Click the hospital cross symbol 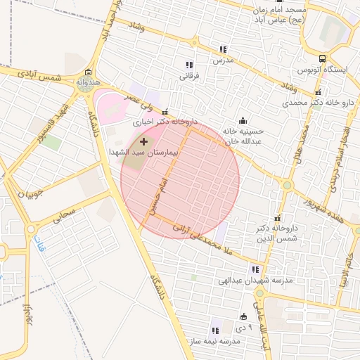(x=145, y=141)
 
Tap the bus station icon (x=321, y=59)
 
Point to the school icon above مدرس (x=223, y=50)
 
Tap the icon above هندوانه (x=88, y=73)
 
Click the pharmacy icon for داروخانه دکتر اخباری (x=165, y=112)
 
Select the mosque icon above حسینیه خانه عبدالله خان (x=243, y=120)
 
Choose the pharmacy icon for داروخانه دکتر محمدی (x=318, y=92)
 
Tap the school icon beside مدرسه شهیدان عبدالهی (x=255, y=269)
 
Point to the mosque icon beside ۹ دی (x=244, y=316)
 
